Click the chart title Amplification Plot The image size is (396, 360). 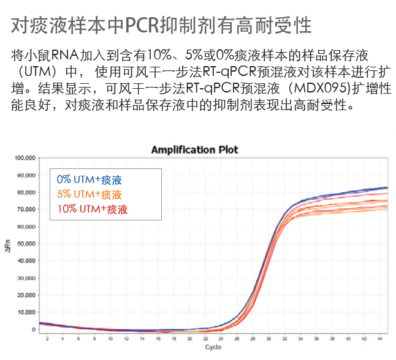coord(194,149)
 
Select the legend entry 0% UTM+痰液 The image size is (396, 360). coord(89,180)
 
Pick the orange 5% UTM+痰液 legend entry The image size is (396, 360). coord(89,195)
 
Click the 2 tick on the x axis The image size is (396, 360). coord(47,339)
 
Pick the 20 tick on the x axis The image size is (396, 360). coord(189,339)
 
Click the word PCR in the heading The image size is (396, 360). coord(142,25)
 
